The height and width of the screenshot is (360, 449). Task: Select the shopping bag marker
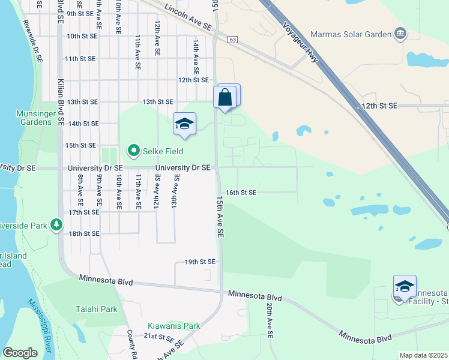tap(225, 97)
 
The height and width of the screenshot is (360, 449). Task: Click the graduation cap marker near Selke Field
tap(184, 124)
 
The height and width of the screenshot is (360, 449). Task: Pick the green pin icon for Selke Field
tap(133, 151)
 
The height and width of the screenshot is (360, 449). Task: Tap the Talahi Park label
tap(96, 309)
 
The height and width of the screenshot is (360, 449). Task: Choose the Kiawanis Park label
tap(174, 326)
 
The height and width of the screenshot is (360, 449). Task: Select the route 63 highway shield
tap(233, 40)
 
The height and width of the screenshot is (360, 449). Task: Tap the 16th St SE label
tap(241, 193)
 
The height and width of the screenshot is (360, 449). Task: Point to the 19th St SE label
tap(199, 262)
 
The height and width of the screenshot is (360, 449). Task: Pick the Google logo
tap(20, 353)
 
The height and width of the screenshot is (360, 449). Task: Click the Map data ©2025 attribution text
tap(423, 355)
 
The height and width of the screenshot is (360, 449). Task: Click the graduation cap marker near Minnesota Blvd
tap(405, 287)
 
